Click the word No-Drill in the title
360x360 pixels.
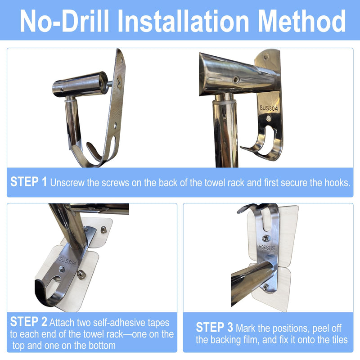[64, 21]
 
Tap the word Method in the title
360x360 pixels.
[301, 21]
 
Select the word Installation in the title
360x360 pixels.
[183, 21]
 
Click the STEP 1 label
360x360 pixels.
[29, 182]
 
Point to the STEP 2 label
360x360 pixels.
[29, 321]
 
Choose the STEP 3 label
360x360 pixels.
[215, 327]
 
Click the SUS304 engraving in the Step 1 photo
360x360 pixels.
[269, 108]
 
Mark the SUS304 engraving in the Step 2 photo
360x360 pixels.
[67, 261]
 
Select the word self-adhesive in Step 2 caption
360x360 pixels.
[120, 323]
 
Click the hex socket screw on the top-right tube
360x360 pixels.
[236, 80]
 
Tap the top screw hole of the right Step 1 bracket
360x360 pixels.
[266, 56]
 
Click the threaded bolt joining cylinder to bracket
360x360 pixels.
[110, 84]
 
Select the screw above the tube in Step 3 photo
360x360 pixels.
[265, 238]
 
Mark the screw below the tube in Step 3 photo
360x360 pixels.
[265, 287]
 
